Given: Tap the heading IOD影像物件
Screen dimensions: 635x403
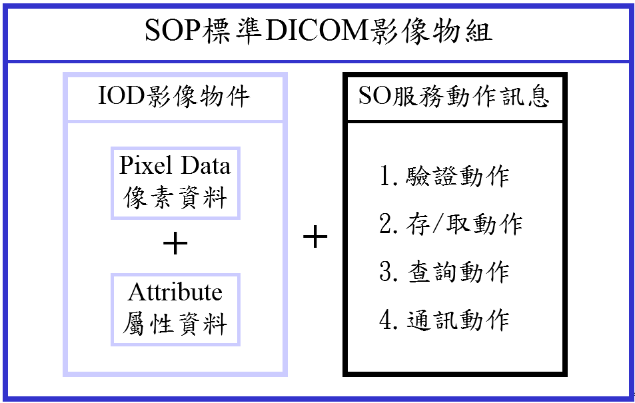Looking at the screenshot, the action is pyautogui.click(x=174, y=97).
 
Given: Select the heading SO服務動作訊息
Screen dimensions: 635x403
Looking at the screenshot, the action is pyautogui.click(x=454, y=97).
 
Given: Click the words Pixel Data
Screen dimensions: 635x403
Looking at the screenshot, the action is pyautogui.click(x=175, y=165).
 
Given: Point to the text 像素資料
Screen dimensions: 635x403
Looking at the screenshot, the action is pyautogui.click(x=175, y=198).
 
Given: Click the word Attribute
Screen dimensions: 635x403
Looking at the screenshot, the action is pyautogui.click(x=175, y=292).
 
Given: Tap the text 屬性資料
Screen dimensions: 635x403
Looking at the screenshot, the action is pyautogui.click(x=175, y=324).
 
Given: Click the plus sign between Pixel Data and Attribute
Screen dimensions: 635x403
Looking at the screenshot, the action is pyautogui.click(x=175, y=243).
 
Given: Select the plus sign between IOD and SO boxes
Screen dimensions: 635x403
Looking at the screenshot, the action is pyautogui.click(x=315, y=236).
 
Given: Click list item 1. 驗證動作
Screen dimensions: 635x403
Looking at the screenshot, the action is pyautogui.click(x=444, y=176).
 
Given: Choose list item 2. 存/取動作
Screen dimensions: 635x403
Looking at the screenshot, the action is pyautogui.click(x=450, y=224).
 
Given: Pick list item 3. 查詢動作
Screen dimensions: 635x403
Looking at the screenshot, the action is pyautogui.click(x=444, y=272).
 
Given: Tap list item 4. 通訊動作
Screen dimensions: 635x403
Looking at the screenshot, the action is pyautogui.click(x=444, y=320).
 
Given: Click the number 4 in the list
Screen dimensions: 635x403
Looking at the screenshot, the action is pyautogui.click(x=385, y=320).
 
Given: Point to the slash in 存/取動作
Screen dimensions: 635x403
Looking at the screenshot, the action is pyautogui.click(x=437, y=224).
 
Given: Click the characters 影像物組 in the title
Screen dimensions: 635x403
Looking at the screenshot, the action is pyautogui.click(x=430, y=31).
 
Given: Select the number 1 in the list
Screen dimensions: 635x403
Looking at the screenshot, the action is pyautogui.click(x=385, y=176).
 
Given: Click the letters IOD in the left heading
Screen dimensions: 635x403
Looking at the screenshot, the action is pyautogui.click(x=121, y=97).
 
